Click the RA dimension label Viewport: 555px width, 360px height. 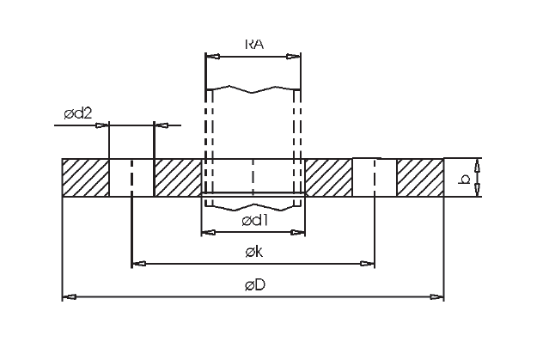(254, 44)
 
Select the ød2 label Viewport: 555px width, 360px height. (78, 113)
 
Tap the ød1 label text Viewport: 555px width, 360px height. (255, 221)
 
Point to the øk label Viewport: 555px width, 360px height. (254, 252)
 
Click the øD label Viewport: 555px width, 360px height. (255, 284)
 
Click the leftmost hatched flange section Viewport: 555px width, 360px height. (85, 178)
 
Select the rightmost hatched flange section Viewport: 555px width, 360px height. (420, 178)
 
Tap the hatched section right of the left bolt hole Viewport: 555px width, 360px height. (178, 178)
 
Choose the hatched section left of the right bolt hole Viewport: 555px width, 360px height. (328, 178)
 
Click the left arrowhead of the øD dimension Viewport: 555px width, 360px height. (70, 297)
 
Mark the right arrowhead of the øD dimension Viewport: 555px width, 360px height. (436, 297)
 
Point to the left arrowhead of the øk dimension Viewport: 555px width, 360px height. (139, 264)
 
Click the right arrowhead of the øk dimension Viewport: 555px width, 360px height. (367, 264)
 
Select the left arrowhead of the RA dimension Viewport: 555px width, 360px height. (213, 57)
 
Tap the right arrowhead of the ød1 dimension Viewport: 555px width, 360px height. (297, 232)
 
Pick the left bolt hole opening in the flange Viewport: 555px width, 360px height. (131, 178)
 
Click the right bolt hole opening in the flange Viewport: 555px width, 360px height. (375, 178)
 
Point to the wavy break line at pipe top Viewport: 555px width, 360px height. (253, 89)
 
